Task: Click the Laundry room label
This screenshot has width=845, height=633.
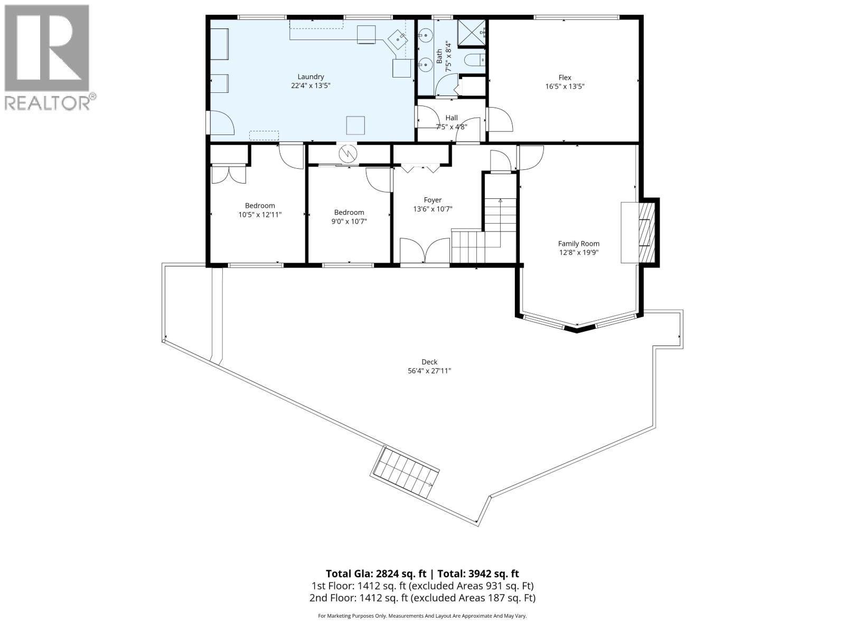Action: click(x=311, y=77)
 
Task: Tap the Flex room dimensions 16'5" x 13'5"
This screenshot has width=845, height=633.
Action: click(x=565, y=87)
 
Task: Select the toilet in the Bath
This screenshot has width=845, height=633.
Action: click(x=473, y=60)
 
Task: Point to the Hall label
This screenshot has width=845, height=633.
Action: click(x=452, y=118)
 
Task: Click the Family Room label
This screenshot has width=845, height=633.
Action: click(x=578, y=244)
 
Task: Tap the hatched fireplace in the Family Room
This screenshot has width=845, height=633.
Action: click(x=646, y=232)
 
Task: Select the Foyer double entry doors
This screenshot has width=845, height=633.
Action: click(x=425, y=251)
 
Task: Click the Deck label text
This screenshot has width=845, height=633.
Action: click(x=429, y=362)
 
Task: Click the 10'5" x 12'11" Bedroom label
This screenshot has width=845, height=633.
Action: click(x=260, y=206)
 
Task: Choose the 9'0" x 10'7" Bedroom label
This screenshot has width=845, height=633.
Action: click(x=349, y=213)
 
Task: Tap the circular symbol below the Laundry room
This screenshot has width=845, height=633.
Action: click(x=349, y=154)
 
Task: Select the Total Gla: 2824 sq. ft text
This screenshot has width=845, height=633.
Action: click(x=375, y=574)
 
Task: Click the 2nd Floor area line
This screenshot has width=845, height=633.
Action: click(x=422, y=598)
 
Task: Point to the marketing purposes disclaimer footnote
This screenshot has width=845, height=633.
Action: click(x=422, y=616)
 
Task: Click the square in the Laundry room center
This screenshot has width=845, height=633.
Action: click(x=355, y=125)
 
